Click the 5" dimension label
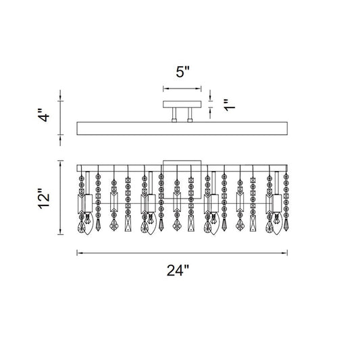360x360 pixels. [183, 72]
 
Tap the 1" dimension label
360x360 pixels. [230, 105]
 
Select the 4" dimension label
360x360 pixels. [43, 115]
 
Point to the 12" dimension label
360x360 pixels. [44, 199]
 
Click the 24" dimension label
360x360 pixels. [178, 270]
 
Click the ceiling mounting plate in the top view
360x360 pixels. [182, 104]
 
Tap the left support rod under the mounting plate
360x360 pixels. [174, 115]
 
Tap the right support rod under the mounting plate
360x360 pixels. [190, 115]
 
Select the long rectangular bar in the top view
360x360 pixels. [182, 128]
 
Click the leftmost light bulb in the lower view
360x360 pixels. [87, 219]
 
